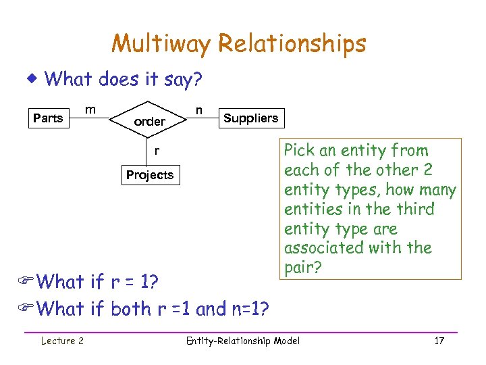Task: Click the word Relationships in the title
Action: tap(292, 44)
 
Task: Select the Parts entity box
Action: tap(48, 118)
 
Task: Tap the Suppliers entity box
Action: tap(250, 118)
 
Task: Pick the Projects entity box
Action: tap(150, 175)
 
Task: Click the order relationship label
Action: tap(150, 122)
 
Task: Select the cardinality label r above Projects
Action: tap(157, 151)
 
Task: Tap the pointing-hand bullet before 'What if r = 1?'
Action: tap(29, 281)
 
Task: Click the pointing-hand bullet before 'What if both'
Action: tap(29, 309)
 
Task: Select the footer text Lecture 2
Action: tap(61, 341)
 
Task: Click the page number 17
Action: tap(439, 341)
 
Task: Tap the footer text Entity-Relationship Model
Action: tap(242, 341)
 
